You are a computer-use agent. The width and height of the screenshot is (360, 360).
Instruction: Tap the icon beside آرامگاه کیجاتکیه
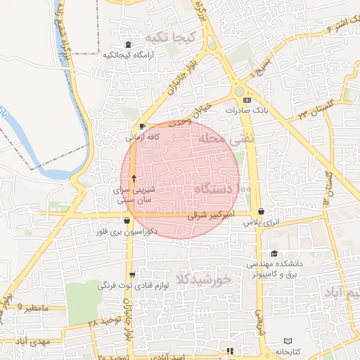pyautogui.click(x=127, y=44)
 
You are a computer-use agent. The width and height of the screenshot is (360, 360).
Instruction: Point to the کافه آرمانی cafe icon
pyautogui.click(x=143, y=127)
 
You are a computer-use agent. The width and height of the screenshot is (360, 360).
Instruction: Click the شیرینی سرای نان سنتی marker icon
pyautogui.click(x=134, y=179)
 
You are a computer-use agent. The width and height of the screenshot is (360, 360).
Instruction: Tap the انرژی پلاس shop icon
pyautogui.click(x=262, y=211)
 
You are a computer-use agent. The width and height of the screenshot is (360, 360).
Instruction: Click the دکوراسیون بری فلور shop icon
pyautogui.click(x=127, y=221)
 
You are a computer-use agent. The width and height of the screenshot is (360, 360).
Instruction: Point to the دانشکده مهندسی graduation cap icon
pyautogui.click(x=274, y=254)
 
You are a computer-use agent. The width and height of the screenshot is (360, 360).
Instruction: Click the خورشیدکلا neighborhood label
pyautogui.click(x=203, y=278)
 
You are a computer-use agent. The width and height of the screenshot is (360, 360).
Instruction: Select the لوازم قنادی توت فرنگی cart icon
pyautogui.click(x=132, y=275)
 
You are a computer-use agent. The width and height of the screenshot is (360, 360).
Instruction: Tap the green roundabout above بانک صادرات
pyautogui.click(x=240, y=91)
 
